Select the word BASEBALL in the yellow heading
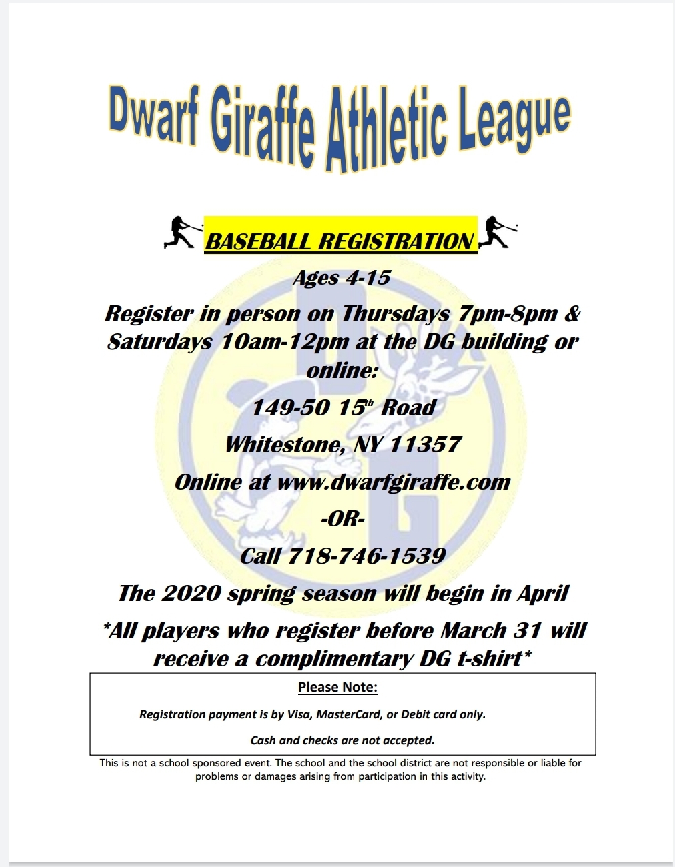tap(258, 242)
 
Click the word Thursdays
tap(396, 314)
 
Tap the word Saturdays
tap(159, 342)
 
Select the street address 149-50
tap(291, 407)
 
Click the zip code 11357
tap(425, 444)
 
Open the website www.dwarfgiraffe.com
tap(394, 482)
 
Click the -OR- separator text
tap(343, 520)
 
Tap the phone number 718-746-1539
tap(366, 556)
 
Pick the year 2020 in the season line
tap(191, 593)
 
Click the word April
tap(542, 594)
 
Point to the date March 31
tap(491, 631)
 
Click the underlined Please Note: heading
tap(337, 687)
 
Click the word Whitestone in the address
tap(285, 445)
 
